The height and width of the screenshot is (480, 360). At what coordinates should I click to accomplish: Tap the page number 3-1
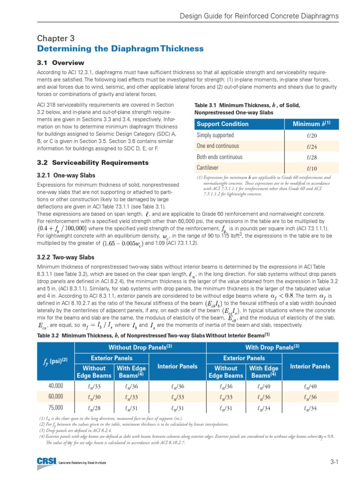[334, 463]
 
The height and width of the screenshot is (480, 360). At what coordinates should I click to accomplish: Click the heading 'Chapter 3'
[55, 38]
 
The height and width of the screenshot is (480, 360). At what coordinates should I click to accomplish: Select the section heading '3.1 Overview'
[60, 63]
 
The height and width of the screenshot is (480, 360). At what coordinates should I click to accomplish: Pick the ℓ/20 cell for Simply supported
[312, 135]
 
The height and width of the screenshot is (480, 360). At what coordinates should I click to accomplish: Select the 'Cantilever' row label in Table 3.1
[208, 167]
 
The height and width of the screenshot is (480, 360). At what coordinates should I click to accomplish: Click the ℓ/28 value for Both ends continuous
[312, 157]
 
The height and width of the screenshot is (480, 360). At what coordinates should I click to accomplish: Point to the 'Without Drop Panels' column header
[139, 347]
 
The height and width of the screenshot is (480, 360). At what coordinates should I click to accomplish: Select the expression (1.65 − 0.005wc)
[123, 243]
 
